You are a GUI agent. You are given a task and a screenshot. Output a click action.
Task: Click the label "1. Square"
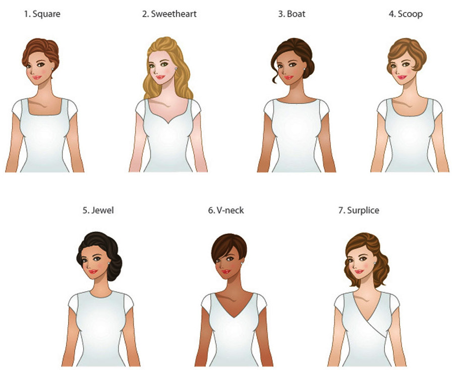(x=42, y=14)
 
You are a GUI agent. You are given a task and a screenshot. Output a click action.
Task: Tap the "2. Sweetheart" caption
(x=169, y=14)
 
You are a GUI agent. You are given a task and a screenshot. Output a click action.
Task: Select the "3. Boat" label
(x=292, y=14)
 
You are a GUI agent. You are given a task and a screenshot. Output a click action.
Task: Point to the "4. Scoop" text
(x=406, y=14)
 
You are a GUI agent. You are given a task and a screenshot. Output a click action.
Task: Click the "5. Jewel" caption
(x=98, y=210)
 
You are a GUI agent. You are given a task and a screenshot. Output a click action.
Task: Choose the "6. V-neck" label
(x=226, y=210)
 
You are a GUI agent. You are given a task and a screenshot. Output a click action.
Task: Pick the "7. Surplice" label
(x=359, y=210)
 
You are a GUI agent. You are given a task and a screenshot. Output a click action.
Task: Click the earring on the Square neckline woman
(x=52, y=69)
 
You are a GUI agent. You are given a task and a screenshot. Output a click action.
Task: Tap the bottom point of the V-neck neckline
(x=234, y=318)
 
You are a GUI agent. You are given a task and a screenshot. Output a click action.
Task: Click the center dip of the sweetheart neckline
(x=168, y=123)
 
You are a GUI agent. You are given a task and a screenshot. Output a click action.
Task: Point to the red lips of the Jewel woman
(x=93, y=272)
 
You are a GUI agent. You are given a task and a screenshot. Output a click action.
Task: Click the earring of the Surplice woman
(x=375, y=263)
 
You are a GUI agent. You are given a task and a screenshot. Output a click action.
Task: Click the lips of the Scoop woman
(x=402, y=77)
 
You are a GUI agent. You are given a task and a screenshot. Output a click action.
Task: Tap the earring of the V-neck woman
(x=242, y=263)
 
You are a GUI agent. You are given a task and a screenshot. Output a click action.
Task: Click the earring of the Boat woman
(x=304, y=69)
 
